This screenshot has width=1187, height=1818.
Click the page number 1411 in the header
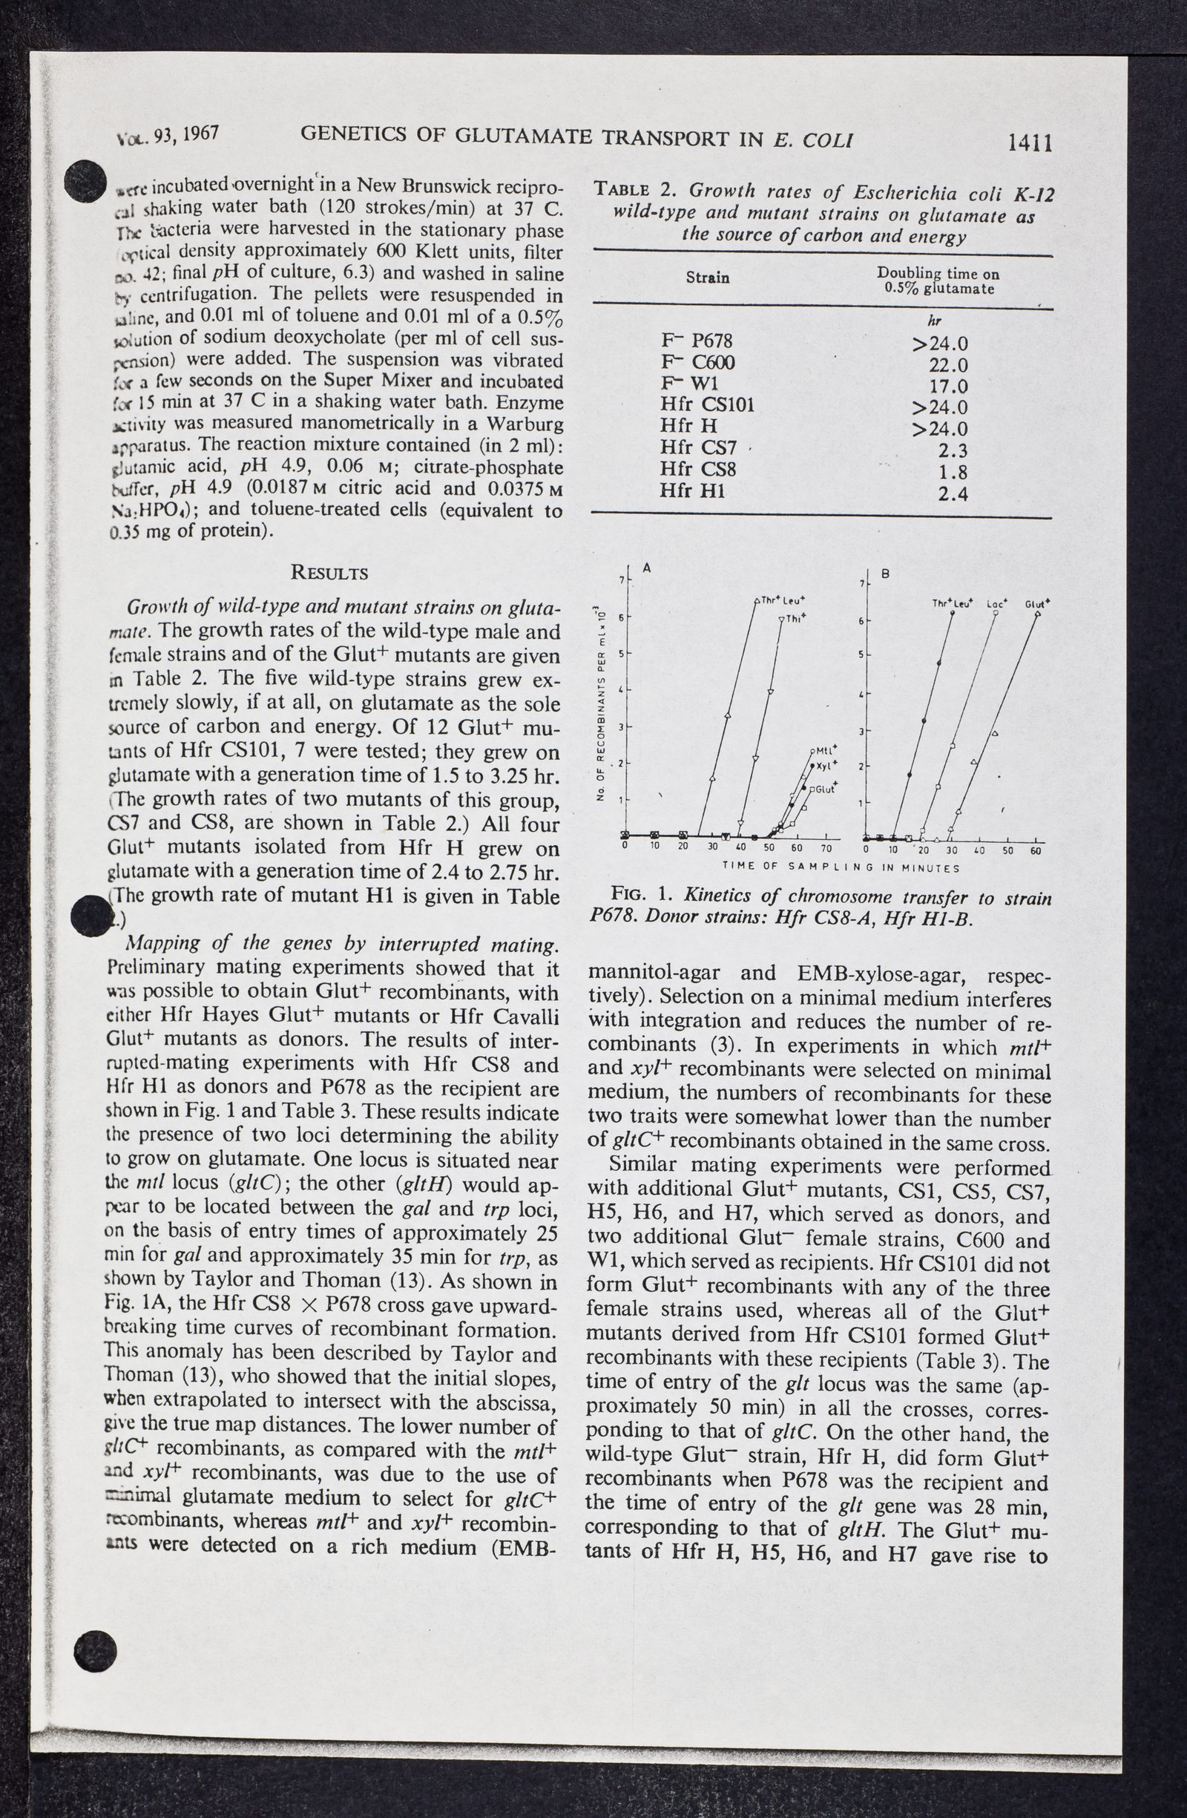tap(1030, 142)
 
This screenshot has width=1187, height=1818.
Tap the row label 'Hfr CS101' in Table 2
tap(706, 405)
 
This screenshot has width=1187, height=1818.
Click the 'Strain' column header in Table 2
tap(706, 278)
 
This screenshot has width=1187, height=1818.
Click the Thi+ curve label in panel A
tap(796, 619)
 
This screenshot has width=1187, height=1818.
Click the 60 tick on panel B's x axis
tap(1036, 851)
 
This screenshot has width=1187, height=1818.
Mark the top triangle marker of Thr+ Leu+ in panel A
tap(756, 600)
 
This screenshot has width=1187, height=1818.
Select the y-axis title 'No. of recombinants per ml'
tap(602, 703)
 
